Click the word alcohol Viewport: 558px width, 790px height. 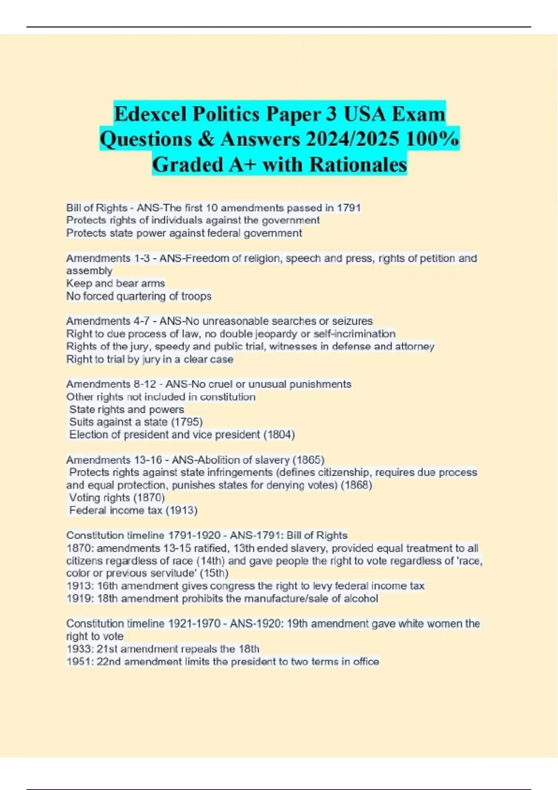tap(361, 599)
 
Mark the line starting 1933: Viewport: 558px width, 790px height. tap(163, 649)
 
